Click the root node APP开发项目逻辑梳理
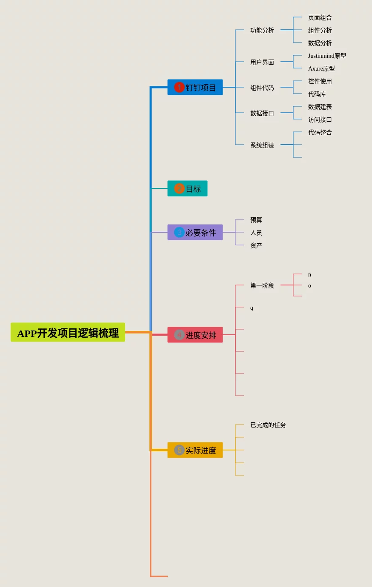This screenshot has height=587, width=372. (x=68, y=332)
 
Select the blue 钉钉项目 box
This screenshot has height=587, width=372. (x=195, y=87)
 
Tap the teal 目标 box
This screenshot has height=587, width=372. (x=187, y=188)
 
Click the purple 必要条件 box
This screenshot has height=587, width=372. (x=195, y=232)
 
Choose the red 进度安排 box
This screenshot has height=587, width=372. (x=195, y=335)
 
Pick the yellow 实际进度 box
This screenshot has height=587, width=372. (x=195, y=450)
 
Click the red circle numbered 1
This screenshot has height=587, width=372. (x=179, y=87)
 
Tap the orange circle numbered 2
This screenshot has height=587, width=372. (x=179, y=188)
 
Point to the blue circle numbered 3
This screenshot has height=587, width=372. (x=179, y=232)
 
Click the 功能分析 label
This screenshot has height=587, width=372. (x=262, y=30)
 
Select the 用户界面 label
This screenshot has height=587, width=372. (x=262, y=63)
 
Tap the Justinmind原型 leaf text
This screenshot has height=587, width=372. (x=327, y=56)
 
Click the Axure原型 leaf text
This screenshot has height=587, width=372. (x=321, y=68)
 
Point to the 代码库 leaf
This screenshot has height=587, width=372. (x=317, y=94)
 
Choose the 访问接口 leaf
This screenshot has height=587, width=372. (x=320, y=120)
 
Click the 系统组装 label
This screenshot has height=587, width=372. (x=262, y=145)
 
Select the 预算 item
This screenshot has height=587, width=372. (x=256, y=220)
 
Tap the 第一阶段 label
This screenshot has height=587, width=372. (x=262, y=285)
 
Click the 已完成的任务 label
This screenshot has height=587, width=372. (x=268, y=425)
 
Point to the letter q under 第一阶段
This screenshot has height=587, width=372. (x=252, y=308)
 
